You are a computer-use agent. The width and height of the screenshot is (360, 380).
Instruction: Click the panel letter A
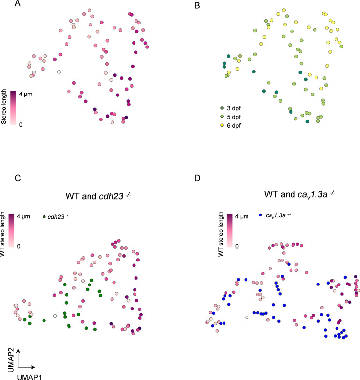click(18, 5)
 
